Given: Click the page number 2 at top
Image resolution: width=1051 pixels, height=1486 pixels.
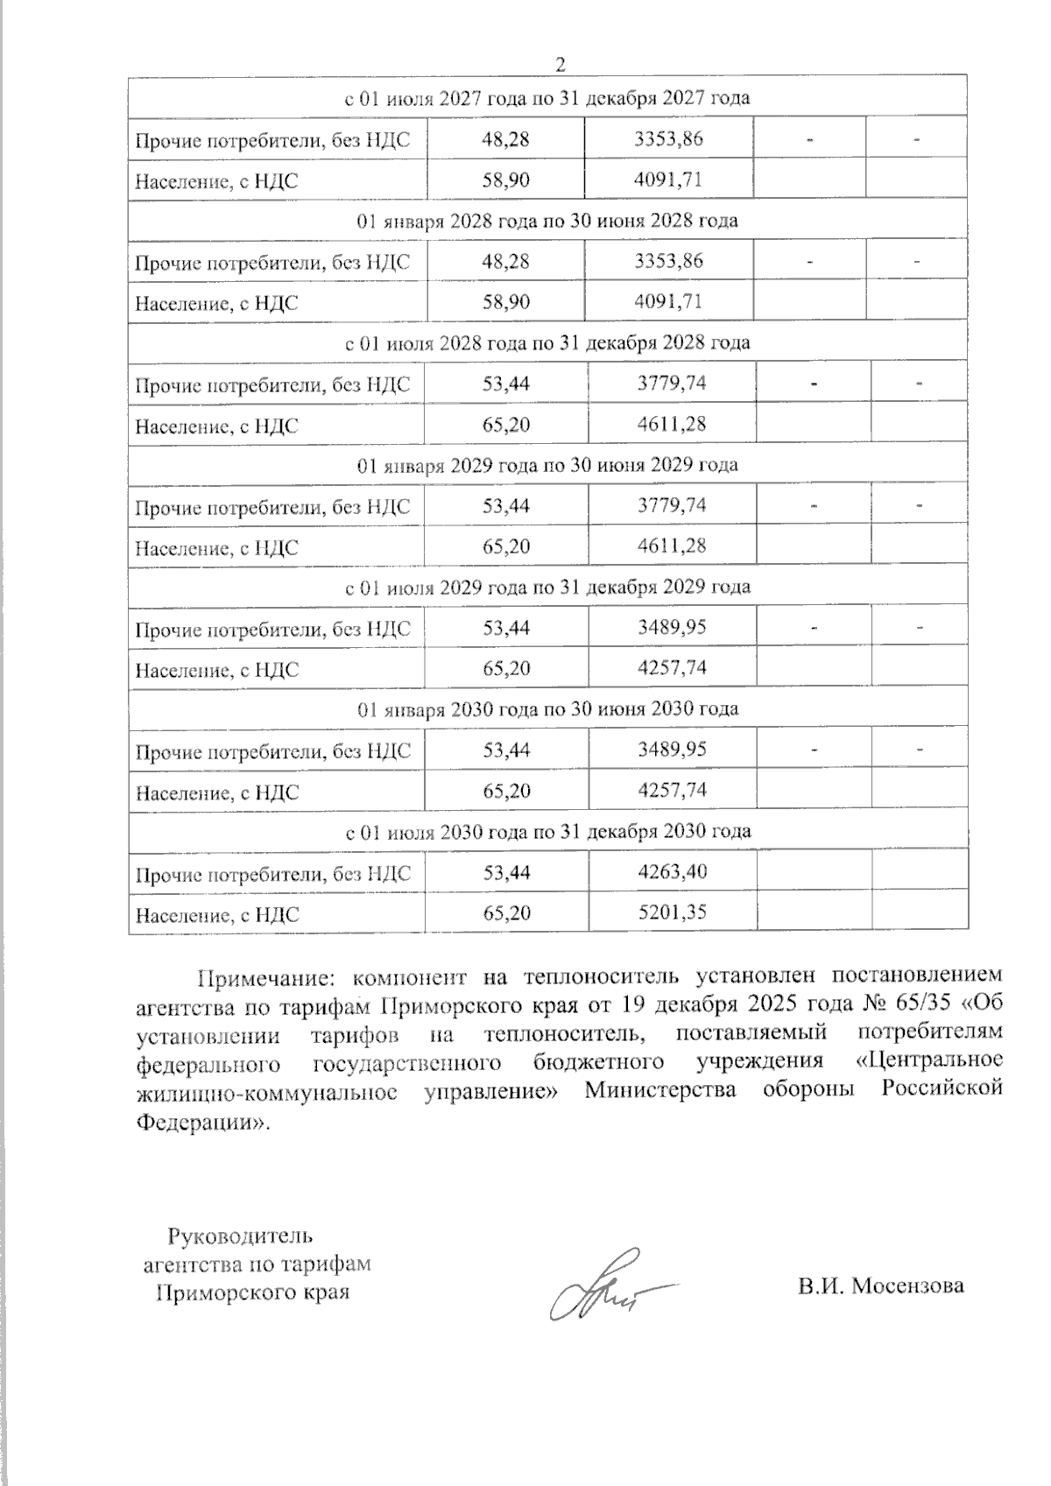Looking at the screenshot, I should tap(561, 64).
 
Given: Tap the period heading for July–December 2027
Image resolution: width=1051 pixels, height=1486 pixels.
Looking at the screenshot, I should tap(548, 98).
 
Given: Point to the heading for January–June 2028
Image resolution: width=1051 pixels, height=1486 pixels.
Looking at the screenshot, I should tap(548, 221).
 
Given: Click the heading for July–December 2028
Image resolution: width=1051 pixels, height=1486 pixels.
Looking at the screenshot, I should tap(548, 342).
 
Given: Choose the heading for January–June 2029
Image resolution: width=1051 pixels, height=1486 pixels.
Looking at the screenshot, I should tap(548, 465).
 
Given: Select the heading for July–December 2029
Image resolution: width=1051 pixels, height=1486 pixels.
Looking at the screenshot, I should tap(548, 587).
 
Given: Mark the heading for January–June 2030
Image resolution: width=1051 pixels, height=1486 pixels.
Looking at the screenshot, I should tap(548, 708).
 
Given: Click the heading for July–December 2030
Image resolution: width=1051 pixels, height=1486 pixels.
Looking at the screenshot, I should tap(548, 830).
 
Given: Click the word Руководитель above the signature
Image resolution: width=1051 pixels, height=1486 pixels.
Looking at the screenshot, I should tap(239, 1236).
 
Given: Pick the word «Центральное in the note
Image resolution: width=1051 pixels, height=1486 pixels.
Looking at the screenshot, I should tap(928, 1060).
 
